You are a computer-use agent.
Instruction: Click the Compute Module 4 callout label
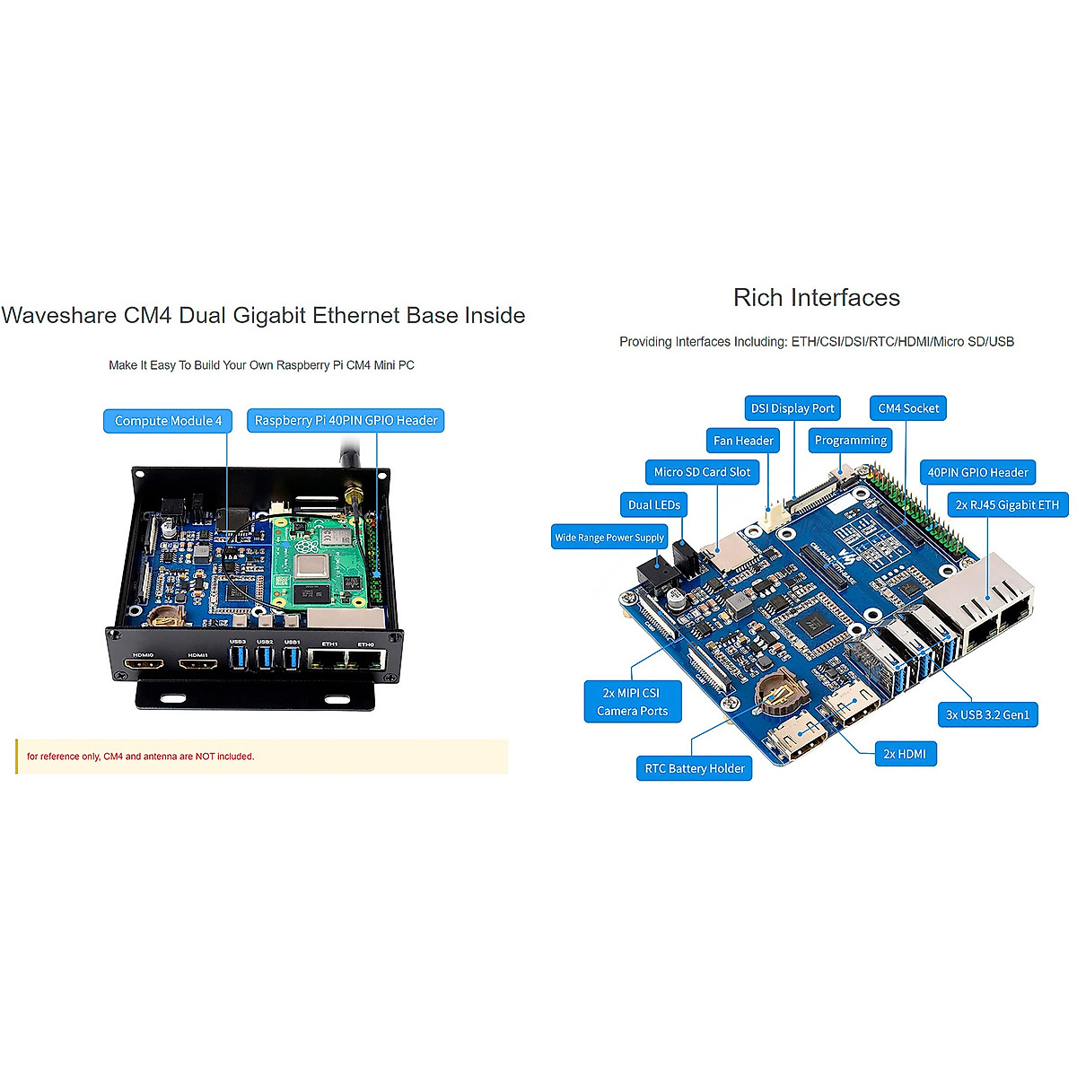point(168,421)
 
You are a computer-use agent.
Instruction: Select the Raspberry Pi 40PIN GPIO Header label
point(346,421)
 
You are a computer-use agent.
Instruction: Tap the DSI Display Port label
point(792,408)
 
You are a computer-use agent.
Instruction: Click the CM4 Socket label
point(908,408)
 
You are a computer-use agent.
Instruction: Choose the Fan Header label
point(743,441)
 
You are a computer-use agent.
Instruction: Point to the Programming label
point(850,440)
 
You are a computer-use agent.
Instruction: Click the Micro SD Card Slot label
point(702,472)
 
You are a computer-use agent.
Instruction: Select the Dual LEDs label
point(654,504)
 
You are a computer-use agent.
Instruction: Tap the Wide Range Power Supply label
point(609,538)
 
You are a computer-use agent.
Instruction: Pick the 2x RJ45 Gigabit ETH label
point(1007,504)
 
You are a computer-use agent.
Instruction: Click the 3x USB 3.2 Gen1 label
point(987,714)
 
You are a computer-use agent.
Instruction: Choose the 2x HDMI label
point(905,754)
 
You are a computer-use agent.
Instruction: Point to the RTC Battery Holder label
point(695,768)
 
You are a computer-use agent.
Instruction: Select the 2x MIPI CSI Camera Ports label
point(633,702)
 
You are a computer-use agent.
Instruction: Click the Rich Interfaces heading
point(816,298)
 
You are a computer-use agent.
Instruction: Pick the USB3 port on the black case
point(238,659)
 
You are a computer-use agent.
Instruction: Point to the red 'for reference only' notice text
point(141,757)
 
